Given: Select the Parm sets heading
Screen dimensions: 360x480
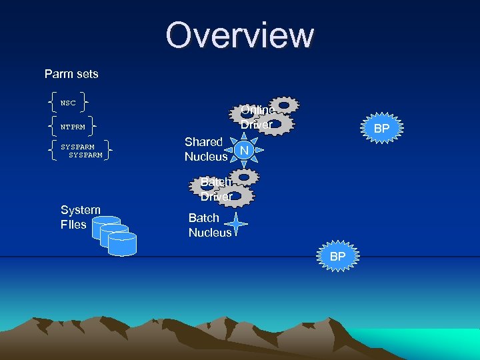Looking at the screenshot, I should point(71,73).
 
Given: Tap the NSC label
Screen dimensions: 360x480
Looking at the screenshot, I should point(68,103).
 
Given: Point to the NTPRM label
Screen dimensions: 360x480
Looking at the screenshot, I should point(73,126).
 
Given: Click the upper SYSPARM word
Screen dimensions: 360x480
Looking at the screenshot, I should point(77,146).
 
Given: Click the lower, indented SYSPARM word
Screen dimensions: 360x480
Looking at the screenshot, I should point(85,155).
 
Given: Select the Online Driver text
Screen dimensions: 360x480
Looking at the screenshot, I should point(257,117).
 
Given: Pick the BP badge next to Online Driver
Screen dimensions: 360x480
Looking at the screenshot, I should point(381,128).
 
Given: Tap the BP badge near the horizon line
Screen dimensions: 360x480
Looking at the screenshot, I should point(338,256).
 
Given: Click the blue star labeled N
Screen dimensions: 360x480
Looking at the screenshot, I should point(244,151).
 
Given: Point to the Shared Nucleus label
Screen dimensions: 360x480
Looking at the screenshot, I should point(205,149).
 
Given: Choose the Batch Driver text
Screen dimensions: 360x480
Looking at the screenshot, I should point(217,189).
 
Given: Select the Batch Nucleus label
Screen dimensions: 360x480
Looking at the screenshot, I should point(209,225).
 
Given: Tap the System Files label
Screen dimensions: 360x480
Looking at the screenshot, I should point(80,217).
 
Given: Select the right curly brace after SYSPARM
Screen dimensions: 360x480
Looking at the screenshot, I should point(108,150).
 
